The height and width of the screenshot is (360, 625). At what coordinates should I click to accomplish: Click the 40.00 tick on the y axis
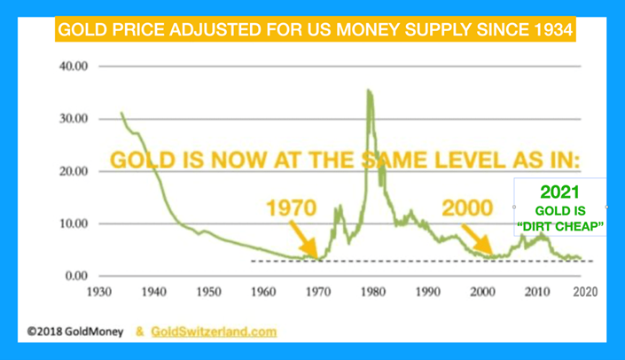pos(74,67)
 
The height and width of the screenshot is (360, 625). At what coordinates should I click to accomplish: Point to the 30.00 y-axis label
pos(74,119)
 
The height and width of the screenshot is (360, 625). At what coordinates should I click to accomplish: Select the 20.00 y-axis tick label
pos(74,171)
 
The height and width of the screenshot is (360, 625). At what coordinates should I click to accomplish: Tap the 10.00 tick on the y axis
pos(74,223)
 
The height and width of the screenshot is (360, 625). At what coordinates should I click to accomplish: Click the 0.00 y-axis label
pos(77,276)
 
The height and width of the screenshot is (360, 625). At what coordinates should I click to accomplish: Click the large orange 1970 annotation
pos(292,209)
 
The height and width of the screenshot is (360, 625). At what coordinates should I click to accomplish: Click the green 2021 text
pos(559,192)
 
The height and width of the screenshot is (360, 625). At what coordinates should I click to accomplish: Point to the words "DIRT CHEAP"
pos(559,228)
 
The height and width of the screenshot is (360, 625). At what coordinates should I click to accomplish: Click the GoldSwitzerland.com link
pos(214,333)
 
